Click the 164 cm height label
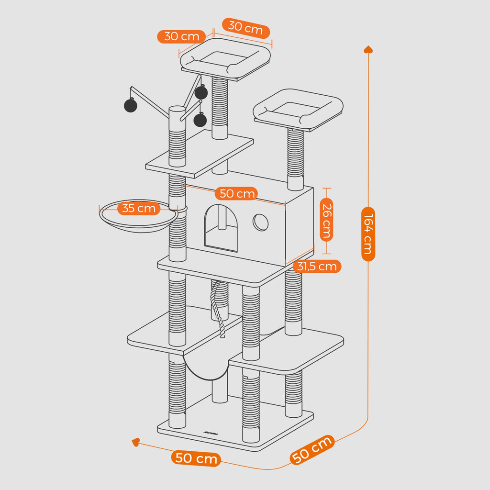point(368,234)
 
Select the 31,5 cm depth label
point(317,267)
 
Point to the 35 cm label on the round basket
point(139,208)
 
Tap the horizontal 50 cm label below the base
point(196,458)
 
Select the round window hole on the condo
point(260,222)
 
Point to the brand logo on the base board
point(210,434)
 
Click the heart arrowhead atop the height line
point(368,49)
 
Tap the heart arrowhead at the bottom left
point(136,443)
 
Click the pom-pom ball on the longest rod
point(130,105)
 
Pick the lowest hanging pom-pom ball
point(200,120)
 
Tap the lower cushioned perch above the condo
point(298,109)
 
